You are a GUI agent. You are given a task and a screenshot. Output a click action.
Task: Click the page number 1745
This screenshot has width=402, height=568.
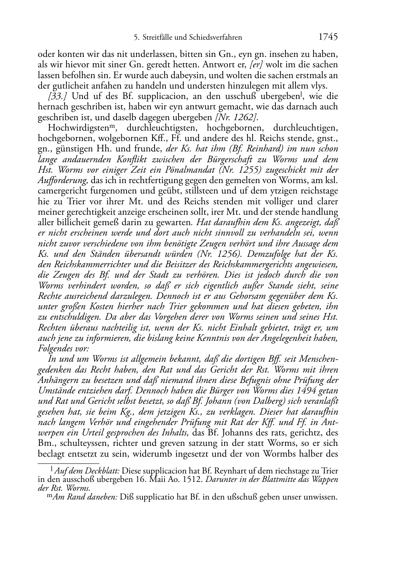[x=328, y=37]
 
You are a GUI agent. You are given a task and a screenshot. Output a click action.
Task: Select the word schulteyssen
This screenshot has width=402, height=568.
[x=80, y=443]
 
